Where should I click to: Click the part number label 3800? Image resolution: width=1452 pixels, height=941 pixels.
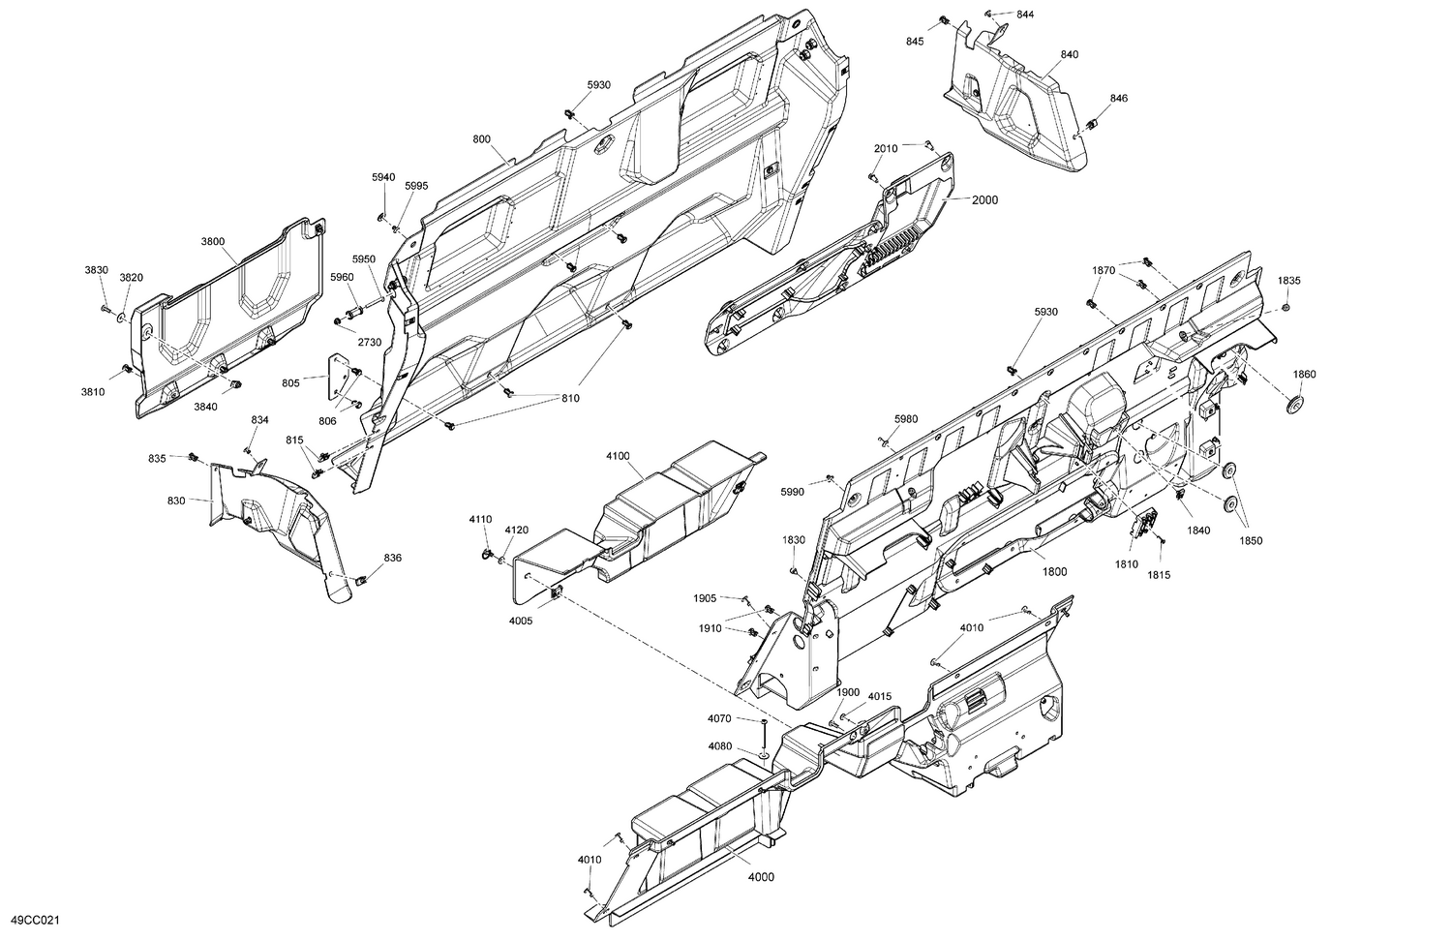tap(213, 241)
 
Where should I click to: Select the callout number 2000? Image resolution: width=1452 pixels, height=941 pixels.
tap(984, 200)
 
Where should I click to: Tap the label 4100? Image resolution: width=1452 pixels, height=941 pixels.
tap(618, 455)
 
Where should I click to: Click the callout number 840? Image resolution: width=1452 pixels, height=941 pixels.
tap(1069, 55)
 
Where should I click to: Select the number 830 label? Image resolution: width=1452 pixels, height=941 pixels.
tap(176, 501)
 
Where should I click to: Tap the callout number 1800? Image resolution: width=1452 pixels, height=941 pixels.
tap(1054, 573)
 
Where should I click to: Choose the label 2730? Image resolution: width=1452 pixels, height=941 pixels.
tap(369, 343)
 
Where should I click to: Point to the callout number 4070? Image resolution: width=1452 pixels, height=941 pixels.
tap(719, 718)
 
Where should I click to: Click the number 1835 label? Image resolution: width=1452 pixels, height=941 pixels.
tap(1288, 280)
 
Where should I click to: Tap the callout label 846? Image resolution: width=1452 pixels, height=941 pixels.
tap(1118, 99)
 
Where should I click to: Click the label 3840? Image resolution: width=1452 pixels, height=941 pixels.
tap(205, 407)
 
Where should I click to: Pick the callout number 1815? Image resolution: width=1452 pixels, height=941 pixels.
tap(1158, 574)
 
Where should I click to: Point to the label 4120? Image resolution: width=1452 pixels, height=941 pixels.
tap(517, 530)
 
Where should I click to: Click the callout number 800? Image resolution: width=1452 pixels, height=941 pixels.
tap(481, 139)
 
